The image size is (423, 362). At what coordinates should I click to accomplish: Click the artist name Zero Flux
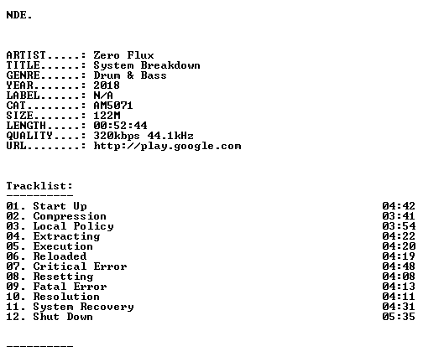tap(123, 55)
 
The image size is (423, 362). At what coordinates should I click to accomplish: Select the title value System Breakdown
tap(147, 65)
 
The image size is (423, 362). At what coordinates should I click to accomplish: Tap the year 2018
tap(107, 85)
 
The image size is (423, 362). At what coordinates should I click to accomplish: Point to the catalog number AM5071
tap(113, 106)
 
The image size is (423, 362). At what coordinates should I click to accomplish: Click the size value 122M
tap(107, 116)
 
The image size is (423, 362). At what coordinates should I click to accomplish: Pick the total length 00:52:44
tap(120, 126)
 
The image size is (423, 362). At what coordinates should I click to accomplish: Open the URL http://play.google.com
tap(167, 146)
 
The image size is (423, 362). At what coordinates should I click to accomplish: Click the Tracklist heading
tap(39, 186)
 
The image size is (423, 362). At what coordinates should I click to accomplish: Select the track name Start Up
tap(60, 206)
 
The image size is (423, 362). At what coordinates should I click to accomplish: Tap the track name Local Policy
tap(74, 226)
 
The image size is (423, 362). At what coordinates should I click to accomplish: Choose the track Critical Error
tap(80, 266)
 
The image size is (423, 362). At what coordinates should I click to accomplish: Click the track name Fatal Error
tap(70, 287)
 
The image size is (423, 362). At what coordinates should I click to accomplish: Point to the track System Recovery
tap(84, 307)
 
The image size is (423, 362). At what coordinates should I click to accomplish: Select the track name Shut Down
tap(63, 317)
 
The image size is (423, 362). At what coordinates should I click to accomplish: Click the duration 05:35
tap(399, 317)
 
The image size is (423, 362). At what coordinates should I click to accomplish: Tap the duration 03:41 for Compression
tap(399, 216)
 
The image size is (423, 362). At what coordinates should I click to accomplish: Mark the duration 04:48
tap(399, 266)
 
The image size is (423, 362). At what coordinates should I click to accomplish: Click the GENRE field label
tap(23, 75)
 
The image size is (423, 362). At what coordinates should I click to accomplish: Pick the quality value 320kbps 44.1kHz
tap(144, 136)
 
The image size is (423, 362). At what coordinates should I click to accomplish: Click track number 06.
tap(13, 256)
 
